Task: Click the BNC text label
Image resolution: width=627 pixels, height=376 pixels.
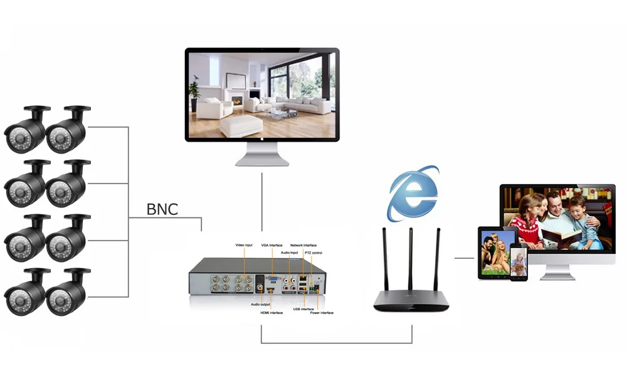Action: [x=162, y=209]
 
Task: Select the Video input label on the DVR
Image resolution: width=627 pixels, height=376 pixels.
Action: [x=244, y=244]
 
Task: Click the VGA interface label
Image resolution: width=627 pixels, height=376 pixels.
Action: [x=272, y=245]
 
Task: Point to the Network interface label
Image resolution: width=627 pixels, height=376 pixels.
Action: [x=303, y=245]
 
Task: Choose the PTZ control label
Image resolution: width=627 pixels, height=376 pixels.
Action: [x=313, y=252]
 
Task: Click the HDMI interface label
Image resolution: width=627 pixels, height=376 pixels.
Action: [x=272, y=312]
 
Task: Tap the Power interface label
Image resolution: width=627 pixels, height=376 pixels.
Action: [x=322, y=312]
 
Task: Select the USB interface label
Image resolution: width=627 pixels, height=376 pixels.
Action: [x=303, y=308]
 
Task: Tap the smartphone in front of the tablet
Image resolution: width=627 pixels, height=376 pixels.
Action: [x=519, y=263]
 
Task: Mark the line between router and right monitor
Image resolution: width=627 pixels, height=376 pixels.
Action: [x=464, y=258]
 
